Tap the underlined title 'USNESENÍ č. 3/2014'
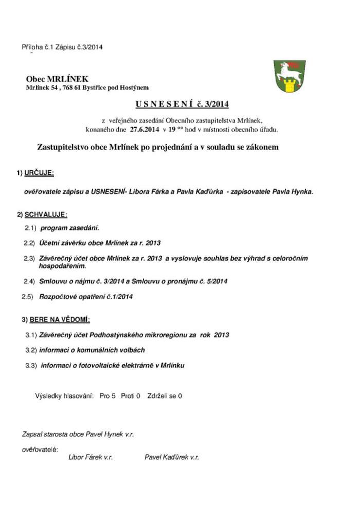pyautogui.click(x=182, y=105)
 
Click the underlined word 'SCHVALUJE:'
pyautogui.click(x=45, y=214)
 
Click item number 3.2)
pyautogui.click(x=31, y=350)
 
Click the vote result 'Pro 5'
pyautogui.click(x=107, y=396)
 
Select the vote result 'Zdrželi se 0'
pyautogui.click(x=165, y=396)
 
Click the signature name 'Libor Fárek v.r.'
pyautogui.click(x=91, y=457)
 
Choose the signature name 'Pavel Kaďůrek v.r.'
pyautogui.click(x=172, y=457)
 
